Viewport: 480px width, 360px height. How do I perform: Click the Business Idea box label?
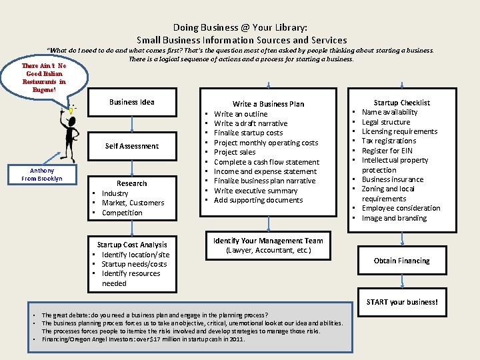point(132,102)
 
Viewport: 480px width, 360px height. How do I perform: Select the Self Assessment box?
point(132,146)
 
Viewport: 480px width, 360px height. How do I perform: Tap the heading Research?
point(132,183)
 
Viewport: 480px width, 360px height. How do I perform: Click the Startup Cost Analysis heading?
point(132,245)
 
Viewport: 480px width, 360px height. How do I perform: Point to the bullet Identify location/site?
point(135,255)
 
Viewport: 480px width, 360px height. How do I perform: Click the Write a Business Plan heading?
point(268,104)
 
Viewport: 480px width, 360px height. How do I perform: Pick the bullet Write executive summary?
point(256,191)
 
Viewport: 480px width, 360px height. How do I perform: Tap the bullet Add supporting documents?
point(259,200)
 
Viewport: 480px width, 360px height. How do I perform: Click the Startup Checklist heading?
point(401,103)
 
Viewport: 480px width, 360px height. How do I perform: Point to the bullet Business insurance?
point(393,179)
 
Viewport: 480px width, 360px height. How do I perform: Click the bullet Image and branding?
point(394,218)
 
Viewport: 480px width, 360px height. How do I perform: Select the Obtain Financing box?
point(401,261)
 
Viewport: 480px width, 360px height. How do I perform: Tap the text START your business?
point(402,302)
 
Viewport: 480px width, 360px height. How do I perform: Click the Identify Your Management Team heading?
point(268,241)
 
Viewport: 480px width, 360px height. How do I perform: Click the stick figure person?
point(70,133)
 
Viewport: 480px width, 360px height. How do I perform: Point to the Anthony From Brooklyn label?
point(42,175)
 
